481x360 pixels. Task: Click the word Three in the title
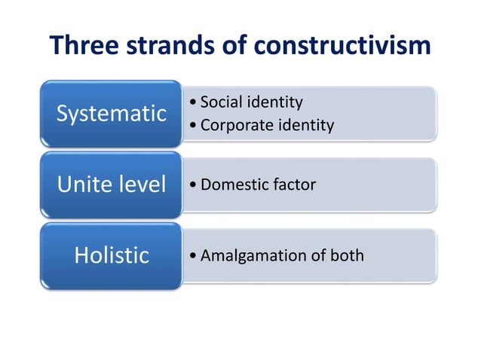(84, 46)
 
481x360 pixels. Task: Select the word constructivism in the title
(342, 46)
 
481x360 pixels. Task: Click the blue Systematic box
(112, 114)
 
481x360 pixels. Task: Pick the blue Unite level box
(112, 185)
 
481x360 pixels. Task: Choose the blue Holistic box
(112, 255)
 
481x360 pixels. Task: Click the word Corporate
(233, 125)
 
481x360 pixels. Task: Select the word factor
(293, 185)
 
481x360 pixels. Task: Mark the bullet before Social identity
(195, 102)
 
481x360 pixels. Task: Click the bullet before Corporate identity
(195, 126)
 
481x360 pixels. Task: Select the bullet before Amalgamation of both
(195, 256)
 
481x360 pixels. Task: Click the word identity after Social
(275, 102)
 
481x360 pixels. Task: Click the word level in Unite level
(142, 185)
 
